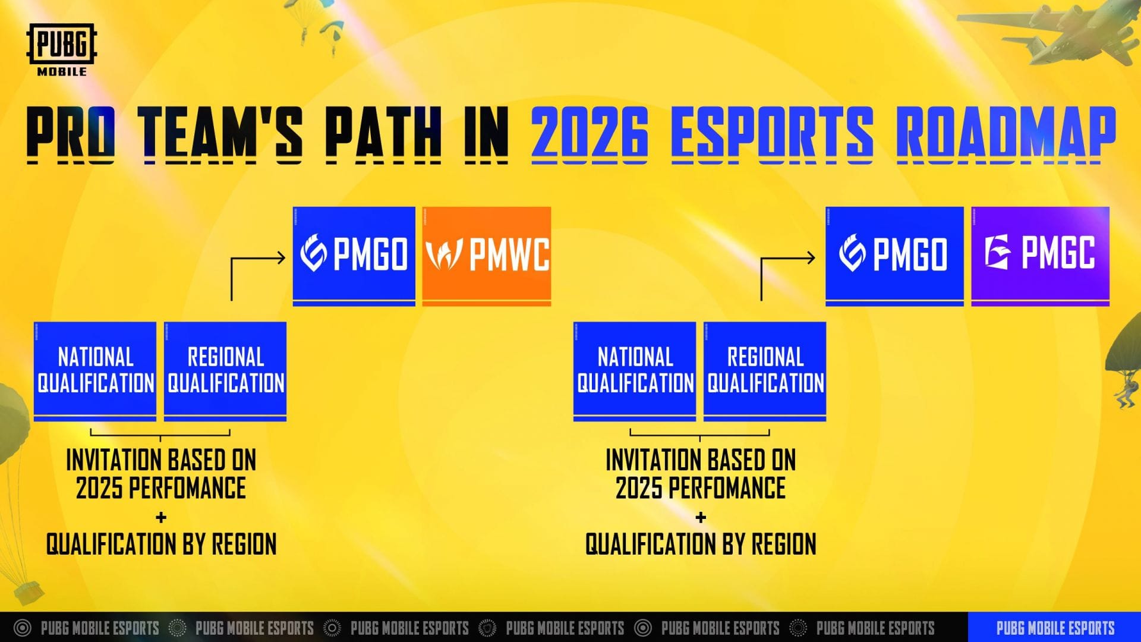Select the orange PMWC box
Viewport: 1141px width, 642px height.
(487, 256)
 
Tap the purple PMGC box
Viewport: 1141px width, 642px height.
(1040, 256)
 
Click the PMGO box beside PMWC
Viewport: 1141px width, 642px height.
(354, 256)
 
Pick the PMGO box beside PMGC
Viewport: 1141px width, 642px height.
(894, 256)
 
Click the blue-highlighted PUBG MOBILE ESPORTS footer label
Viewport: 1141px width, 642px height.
(1055, 628)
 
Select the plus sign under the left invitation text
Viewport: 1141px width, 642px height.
(161, 518)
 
